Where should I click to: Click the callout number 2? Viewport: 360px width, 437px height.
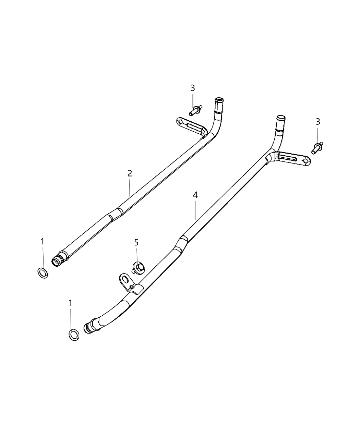point(130,173)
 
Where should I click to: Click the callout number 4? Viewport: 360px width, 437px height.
point(195,195)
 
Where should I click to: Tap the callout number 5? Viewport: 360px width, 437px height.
point(136,243)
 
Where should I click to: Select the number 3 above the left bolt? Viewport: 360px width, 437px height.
point(193,88)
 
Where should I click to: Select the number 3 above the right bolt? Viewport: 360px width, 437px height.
point(318,121)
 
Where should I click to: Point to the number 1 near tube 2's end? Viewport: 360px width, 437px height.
point(42,242)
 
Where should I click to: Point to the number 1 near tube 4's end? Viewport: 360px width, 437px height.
point(70,303)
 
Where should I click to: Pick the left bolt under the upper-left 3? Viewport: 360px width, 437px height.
point(195,110)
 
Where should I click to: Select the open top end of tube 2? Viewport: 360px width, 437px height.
point(218,101)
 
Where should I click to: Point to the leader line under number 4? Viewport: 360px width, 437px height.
point(195,210)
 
